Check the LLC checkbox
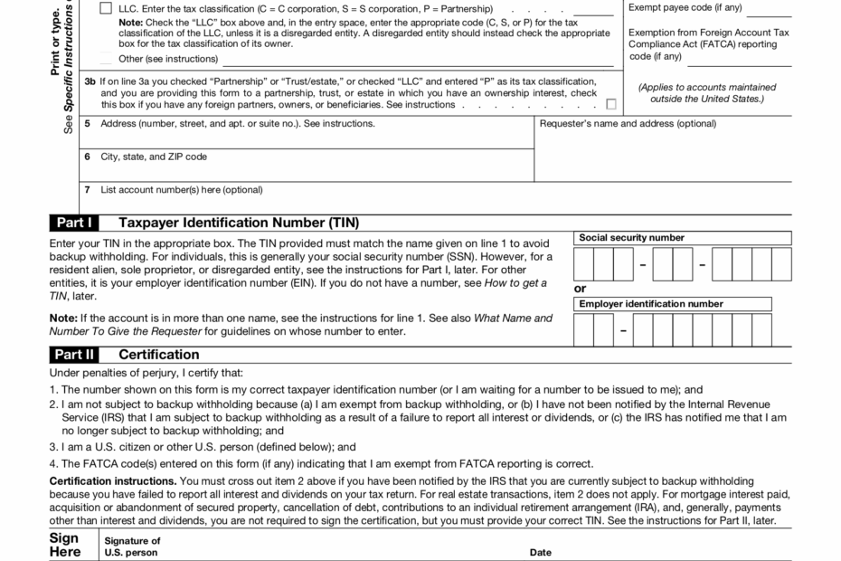106,8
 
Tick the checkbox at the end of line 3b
611,104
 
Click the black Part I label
72,223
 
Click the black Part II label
72,355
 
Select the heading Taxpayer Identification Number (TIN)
239,223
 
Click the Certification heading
159,355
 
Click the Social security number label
631,238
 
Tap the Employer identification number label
651,304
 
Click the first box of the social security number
583,265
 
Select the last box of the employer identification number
761,331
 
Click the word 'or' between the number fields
580,289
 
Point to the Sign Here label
64,545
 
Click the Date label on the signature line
540,552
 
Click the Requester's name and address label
627,123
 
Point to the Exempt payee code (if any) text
685,8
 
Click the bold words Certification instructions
113,480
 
